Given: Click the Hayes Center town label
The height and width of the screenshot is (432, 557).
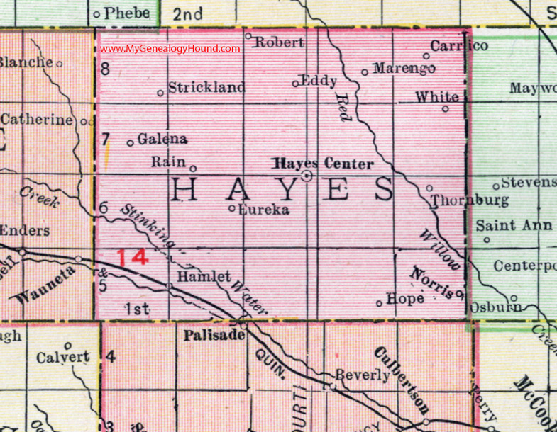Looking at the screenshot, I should [x=324, y=164].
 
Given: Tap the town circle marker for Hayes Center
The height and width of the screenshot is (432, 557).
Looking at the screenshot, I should [x=307, y=176].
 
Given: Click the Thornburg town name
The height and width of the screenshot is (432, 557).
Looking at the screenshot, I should [x=470, y=200].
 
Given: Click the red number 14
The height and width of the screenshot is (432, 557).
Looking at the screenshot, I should [x=133, y=256].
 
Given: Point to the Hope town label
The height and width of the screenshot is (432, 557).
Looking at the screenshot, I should [x=406, y=299].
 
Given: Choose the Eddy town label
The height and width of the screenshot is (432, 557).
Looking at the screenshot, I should [x=319, y=80].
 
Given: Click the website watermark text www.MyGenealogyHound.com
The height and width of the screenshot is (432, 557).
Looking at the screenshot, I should [x=170, y=48].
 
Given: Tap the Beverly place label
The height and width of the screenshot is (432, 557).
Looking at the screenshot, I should [x=364, y=375].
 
